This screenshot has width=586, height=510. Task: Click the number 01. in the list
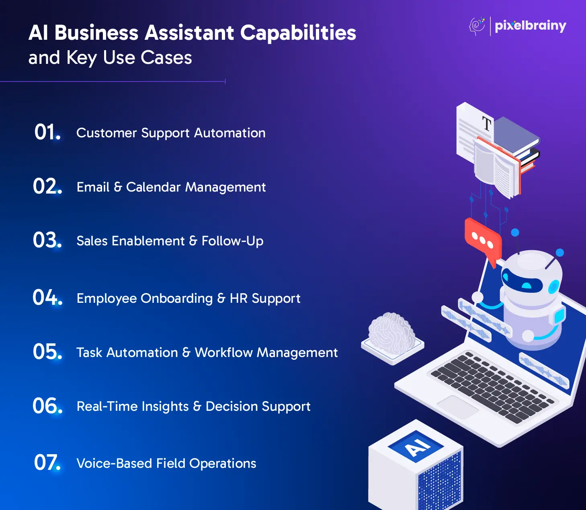tap(47, 132)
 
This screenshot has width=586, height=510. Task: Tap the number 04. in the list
tap(47, 298)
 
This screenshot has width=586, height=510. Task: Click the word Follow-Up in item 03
tap(232, 241)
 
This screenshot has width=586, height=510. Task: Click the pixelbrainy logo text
tap(530, 26)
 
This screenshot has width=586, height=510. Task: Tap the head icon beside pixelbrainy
tap(477, 26)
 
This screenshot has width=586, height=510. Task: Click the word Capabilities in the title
tap(298, 33)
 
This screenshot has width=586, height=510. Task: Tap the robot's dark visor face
tap(522, 281)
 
